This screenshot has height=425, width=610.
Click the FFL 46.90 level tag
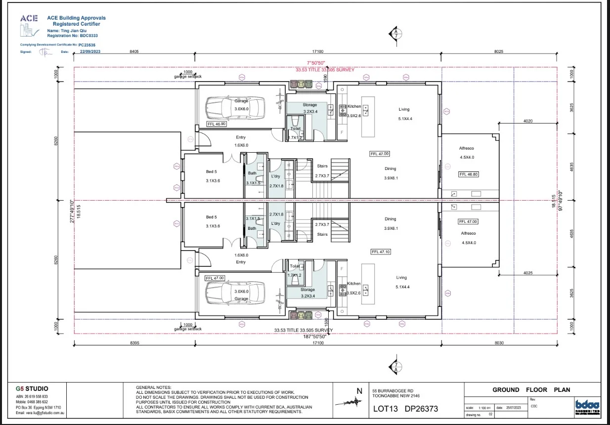(216, 124)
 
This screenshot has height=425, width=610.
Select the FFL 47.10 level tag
(380, 252)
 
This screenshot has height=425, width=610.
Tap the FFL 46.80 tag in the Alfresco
(469, 174)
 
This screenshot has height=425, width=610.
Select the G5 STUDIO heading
(32, 389)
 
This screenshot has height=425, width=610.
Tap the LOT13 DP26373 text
(405, 409)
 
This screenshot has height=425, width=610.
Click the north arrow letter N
(359, 391)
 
